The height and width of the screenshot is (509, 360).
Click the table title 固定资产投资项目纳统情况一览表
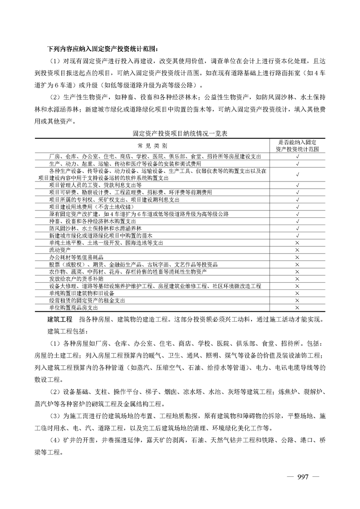click(180, 134)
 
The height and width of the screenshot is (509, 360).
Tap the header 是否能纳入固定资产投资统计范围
click(297, 145)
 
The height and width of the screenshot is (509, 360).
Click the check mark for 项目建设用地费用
click(297, 206)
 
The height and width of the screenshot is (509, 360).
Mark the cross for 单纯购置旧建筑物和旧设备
click(297, 293)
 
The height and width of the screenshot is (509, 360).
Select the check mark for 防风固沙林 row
click(297, 228)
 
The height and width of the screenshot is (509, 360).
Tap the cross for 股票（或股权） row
click(297, 264)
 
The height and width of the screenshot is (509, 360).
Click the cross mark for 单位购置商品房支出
click(297, 307)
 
